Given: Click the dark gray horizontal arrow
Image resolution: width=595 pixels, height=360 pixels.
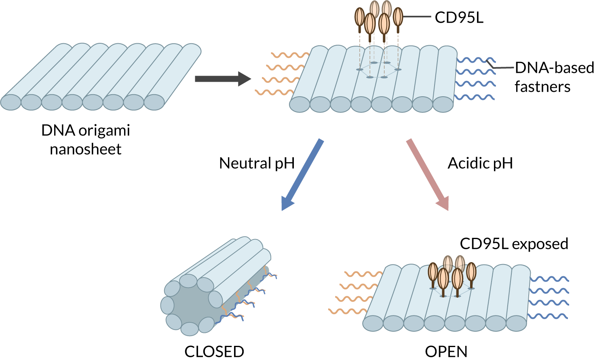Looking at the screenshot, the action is [x=223, y=79].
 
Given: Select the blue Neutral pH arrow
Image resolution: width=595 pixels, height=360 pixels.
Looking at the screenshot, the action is [x=302, y=175].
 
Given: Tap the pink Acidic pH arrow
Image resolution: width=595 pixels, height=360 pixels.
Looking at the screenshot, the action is [x=427, y=175].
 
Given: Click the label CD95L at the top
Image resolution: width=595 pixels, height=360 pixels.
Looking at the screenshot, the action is [x=459, y=17].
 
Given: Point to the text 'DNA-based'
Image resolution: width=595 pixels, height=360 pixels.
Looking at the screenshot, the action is [x=554, y=68].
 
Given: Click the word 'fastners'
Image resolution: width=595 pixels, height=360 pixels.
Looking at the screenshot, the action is [x=542, y=87].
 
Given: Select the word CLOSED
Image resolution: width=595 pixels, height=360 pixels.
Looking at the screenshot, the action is [x=214, y=352].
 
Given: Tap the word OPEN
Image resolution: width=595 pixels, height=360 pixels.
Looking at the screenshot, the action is [x=446, y=352].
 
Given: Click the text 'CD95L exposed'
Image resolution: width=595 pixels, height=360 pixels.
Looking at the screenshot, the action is [x=514, y=244].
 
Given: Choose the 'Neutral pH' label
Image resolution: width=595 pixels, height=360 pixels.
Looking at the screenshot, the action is [x=257, y=163].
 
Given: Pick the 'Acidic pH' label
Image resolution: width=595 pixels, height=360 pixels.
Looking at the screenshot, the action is [x=480, y=163].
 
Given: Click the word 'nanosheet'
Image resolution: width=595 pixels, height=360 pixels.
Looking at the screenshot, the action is [x=86, y=149].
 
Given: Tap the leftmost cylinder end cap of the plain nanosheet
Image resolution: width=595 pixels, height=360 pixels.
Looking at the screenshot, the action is [x=11, y=102].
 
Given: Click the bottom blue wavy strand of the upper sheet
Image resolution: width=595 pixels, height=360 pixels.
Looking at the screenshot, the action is [x=475, y=97].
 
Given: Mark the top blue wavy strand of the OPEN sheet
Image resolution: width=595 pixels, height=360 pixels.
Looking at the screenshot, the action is [x=549, y=279].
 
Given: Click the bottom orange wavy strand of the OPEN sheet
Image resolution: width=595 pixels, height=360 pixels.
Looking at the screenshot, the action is [x=348, y=311].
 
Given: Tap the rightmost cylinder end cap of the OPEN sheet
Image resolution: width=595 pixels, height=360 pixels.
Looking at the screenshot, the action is [x=516, y=323].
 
